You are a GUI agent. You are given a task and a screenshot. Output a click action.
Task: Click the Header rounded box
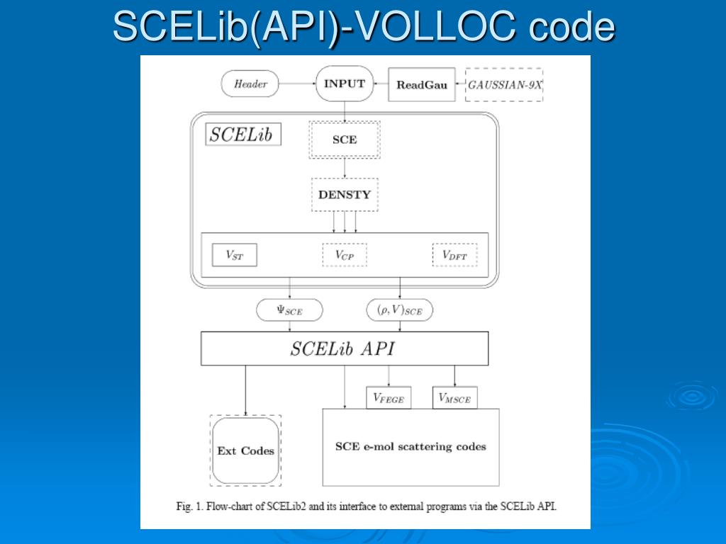251,84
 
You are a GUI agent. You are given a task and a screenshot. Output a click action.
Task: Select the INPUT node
345,84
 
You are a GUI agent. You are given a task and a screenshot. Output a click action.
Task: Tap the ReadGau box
422,85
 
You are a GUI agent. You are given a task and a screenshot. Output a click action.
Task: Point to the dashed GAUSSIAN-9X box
504,85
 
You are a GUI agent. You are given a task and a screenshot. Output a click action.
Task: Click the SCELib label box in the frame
243,135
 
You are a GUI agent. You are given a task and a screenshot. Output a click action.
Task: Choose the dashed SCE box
345,140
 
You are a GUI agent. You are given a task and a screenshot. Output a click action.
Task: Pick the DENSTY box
345,195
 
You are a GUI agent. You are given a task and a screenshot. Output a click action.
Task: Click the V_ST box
234,255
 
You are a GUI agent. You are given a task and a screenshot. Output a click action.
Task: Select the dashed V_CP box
345,255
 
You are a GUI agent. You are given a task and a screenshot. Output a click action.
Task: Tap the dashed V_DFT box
454,255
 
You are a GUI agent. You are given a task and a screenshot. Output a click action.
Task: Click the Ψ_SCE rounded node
289,310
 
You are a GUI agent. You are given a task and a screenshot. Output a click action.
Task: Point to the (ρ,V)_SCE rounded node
399,310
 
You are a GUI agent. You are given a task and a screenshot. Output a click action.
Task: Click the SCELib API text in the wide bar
342,348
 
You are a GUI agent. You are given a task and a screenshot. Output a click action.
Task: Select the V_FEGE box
388,398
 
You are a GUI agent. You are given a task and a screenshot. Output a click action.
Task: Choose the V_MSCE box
454,398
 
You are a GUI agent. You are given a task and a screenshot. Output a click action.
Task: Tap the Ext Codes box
245,450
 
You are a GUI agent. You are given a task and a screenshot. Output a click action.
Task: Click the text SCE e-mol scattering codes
411,446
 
